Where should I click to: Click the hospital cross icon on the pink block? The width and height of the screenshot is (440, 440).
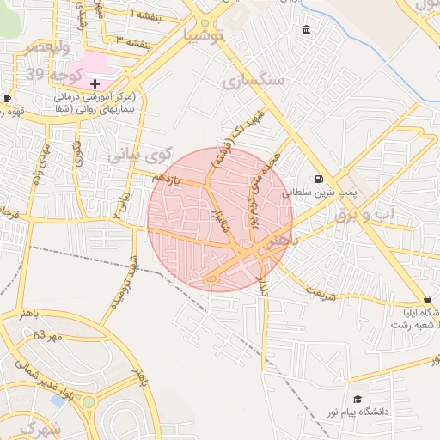tap(95, 82)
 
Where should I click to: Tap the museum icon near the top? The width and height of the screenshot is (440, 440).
tap(307, 32)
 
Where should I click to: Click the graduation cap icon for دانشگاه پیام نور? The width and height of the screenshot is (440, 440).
tap(357, 400)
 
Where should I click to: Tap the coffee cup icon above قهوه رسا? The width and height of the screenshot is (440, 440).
tap(8, 98)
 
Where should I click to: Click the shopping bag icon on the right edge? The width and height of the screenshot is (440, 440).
tap(427, 299)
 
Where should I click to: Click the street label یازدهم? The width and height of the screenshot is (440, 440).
tap(168, 176)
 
